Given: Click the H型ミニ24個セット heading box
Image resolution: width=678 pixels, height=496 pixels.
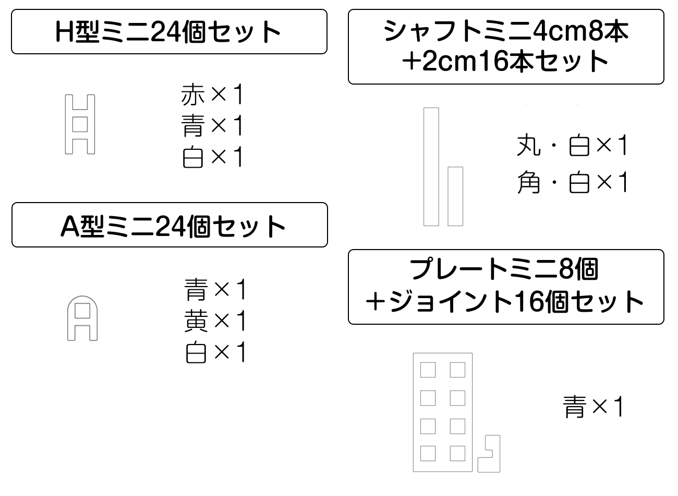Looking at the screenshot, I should [169, 32].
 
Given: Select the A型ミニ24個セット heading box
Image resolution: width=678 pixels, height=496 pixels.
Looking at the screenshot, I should [169, 225].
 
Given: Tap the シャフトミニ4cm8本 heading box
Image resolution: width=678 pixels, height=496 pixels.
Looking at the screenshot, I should [506, 46].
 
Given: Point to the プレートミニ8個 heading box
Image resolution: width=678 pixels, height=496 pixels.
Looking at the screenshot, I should [506, 287].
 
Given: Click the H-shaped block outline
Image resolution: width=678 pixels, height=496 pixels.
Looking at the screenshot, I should [80, 124].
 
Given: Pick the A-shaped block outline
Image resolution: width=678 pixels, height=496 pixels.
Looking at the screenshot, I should [82, 318].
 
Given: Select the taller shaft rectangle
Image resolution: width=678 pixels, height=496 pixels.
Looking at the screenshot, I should [431, 167].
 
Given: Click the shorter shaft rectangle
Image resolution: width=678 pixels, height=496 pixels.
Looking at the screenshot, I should [455, 196].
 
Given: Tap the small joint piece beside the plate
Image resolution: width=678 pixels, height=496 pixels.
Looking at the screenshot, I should [489, 454].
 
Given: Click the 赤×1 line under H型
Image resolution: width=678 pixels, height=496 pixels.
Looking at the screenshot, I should [212, 96].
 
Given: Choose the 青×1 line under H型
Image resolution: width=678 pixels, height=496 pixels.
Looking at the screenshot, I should [212, 126].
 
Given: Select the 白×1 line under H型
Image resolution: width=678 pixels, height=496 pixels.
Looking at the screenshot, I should [212, 157].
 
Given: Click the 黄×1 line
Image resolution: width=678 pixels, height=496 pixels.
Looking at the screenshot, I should [215, 321].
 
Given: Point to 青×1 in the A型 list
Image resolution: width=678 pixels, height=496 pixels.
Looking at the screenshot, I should [215, 290].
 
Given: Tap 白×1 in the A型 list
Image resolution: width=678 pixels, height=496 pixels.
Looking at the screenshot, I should [215, 353].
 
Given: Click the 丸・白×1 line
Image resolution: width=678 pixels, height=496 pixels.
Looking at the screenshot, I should [572, 146].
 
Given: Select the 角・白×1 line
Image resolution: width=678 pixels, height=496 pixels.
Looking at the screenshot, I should [572, 183].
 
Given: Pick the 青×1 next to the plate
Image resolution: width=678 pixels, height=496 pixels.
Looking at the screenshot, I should [594, 407].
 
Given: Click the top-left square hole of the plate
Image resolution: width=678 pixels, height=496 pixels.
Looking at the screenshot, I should [428, 370].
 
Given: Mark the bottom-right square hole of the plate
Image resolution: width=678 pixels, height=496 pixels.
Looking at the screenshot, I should [457, 453].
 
